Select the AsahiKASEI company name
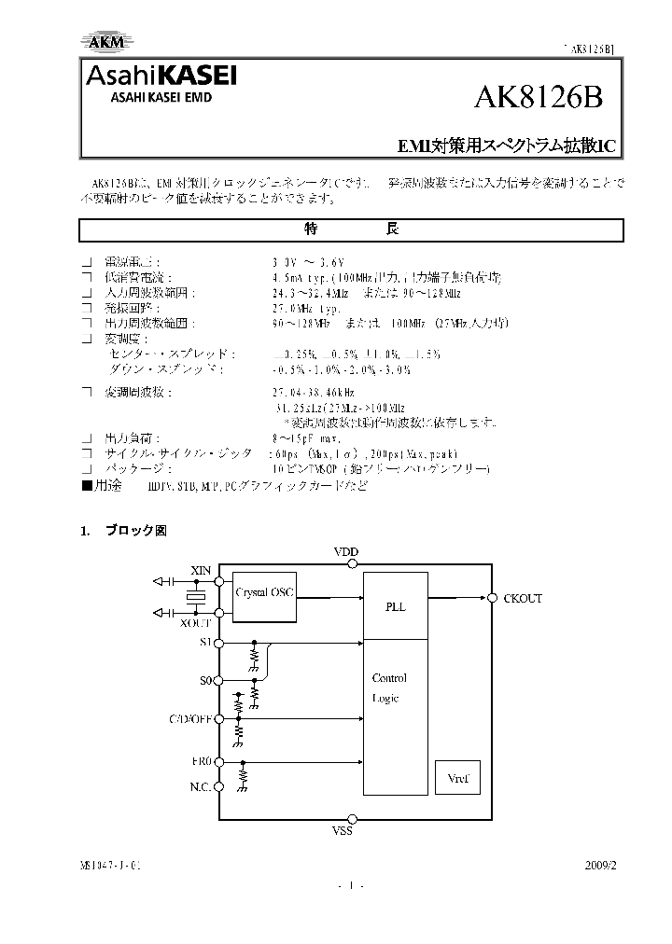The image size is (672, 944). [x=161, y=76]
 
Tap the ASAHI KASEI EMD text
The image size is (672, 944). [x=148, y=98]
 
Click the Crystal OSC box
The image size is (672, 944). [x=263, y=592]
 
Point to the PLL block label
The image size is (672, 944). [x=396, y=606]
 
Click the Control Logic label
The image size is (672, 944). [x=389, y=688]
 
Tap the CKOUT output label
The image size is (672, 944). [x=523, y=598]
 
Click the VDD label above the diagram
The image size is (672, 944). [x=345, y=552]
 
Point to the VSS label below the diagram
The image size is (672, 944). [x=343, y=830]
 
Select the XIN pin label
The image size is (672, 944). [x=201, y=570]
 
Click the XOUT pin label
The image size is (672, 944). [x=197, y=621]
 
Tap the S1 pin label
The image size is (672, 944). [x=207, y=643]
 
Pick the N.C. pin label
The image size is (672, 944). [x=201, y=786]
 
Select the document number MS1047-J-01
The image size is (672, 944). [x=111, y=865]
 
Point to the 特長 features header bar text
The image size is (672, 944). [x=351, y=229]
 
